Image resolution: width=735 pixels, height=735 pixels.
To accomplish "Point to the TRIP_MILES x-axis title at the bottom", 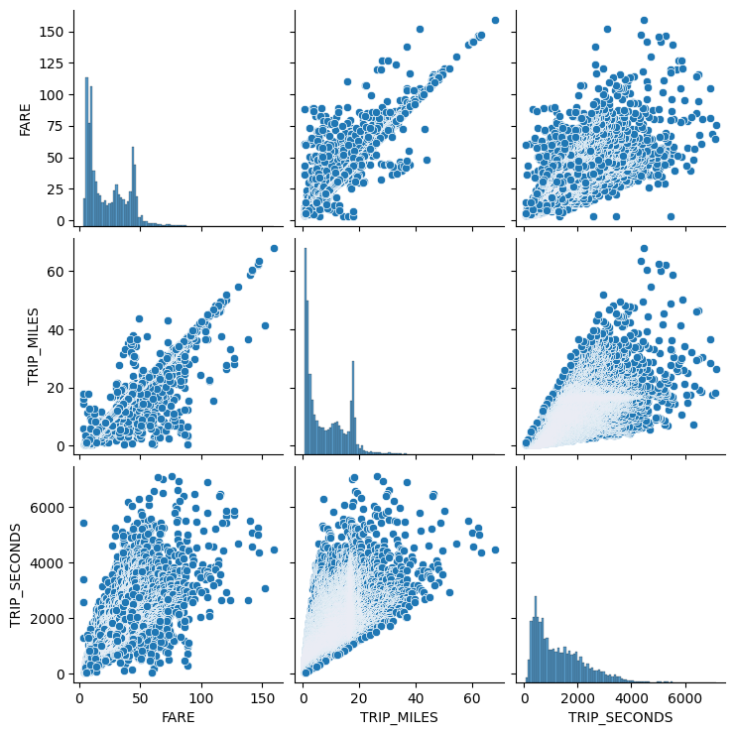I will [x=401, y=716].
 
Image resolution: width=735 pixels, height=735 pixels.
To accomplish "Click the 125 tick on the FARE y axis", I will [x=53, y=63].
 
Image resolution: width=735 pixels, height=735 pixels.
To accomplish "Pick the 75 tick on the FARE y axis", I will [x=57, y=126].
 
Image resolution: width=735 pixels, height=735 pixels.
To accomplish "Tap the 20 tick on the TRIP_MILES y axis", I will [x=60, y=388].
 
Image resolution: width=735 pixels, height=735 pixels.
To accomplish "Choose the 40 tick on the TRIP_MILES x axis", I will [x=416, y=695].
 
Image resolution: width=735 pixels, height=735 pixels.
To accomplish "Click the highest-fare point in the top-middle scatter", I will [x=495, y=20].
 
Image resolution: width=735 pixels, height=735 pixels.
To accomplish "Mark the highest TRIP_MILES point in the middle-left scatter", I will [x=274, y=248].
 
